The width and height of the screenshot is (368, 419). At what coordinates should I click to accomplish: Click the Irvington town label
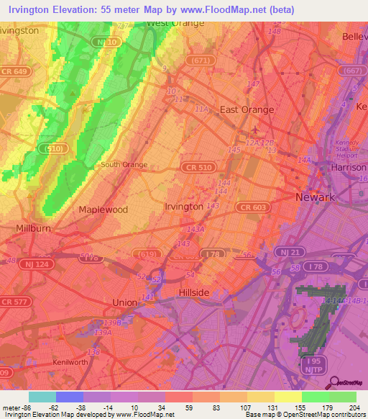184,207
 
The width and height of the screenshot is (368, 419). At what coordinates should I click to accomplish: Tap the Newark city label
316,197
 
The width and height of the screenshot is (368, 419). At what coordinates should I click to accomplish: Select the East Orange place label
247,109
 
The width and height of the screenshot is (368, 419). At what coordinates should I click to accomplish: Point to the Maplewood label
103,209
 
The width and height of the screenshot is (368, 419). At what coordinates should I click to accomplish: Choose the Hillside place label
193,292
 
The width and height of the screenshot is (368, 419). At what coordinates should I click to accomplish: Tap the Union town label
125,303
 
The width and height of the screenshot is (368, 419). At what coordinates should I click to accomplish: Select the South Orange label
124,165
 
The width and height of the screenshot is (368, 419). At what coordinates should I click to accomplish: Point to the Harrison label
350,167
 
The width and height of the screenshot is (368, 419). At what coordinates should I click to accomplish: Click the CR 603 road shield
249,207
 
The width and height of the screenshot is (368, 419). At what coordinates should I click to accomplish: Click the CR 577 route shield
15,302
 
